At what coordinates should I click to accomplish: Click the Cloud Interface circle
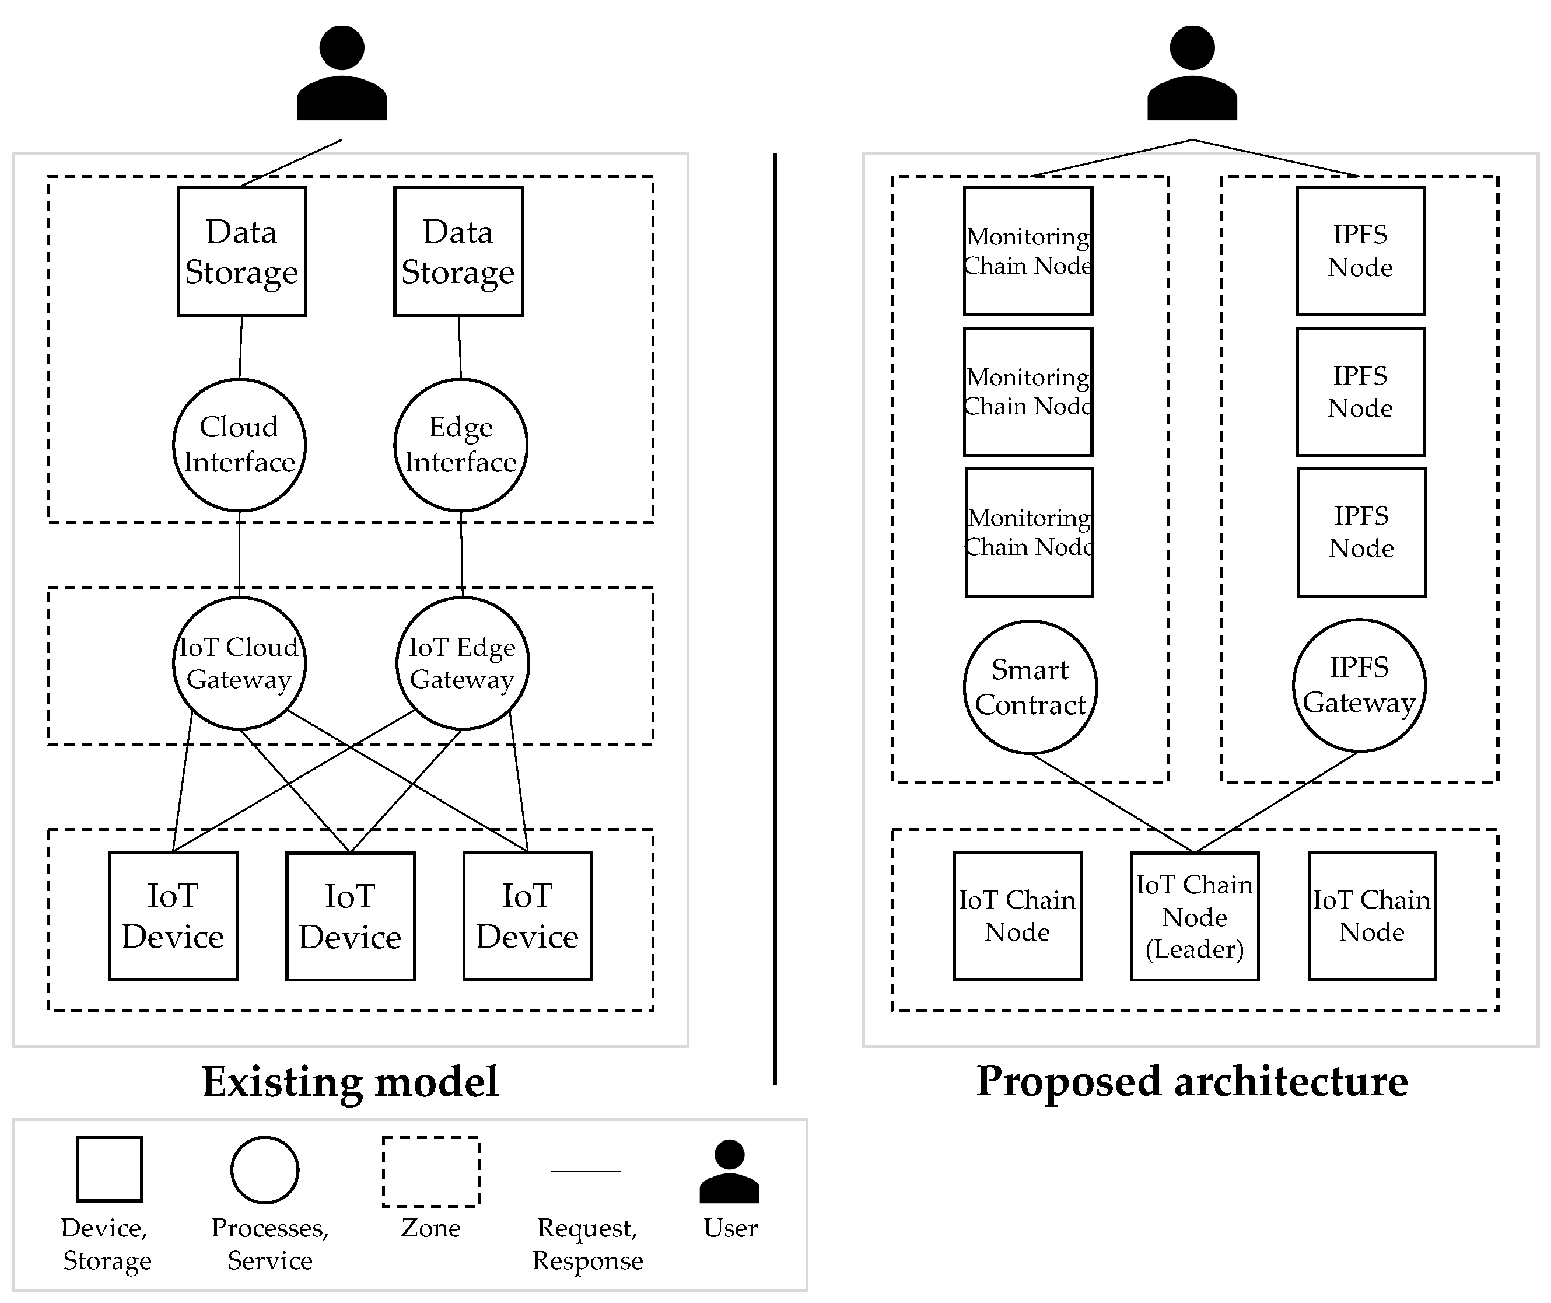pos(239,445)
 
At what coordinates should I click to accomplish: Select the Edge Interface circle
pos(461,445)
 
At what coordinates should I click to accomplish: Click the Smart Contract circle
pos(1030,687)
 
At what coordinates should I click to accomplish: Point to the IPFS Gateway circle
pos(1359,686)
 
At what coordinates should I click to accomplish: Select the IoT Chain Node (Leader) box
pos(1194,917)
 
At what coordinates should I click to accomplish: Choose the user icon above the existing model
pos(342,74)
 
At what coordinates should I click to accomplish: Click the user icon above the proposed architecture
pos(1192,74)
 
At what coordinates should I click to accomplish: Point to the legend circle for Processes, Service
pos(264,1170)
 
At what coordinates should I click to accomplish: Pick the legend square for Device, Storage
pos(109,1169)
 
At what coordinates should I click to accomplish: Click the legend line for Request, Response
pos(586,1171)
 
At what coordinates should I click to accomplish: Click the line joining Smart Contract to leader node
pos(1112,803)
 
